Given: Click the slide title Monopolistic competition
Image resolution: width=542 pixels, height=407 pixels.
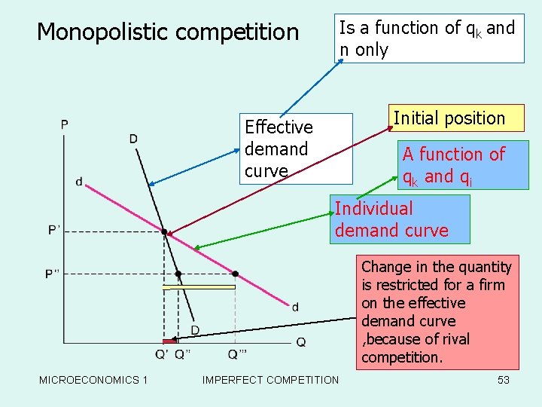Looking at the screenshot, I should click(168, 32).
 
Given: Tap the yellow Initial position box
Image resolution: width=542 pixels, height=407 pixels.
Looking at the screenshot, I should click(449, 118).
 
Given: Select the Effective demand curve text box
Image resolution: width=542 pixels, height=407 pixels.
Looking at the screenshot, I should click(297, 148).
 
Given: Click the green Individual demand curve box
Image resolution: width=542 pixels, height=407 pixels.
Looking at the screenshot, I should click(400, 219).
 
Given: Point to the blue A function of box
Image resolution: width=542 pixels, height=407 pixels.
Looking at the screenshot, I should click(453, 166).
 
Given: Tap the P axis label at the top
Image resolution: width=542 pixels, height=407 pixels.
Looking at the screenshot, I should click(65, 124).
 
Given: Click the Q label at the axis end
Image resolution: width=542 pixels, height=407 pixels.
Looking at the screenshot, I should click(301, 342).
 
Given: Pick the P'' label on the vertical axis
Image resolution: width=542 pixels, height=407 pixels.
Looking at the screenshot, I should click(53, 273).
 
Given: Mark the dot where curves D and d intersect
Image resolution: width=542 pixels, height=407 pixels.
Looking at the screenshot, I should click(165, 231).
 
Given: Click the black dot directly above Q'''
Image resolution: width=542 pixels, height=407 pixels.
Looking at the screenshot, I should click(235, 273).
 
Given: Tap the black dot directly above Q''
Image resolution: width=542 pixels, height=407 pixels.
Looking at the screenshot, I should click(178, 274).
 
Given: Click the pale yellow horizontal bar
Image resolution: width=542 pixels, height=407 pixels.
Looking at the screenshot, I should click(199, 286).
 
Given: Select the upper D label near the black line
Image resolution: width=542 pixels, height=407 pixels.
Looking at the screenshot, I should click(133, 138).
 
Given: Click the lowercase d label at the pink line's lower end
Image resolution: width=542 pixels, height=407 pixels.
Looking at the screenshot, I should click(294, 306).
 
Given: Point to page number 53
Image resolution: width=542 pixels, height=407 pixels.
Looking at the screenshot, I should click(504, 380).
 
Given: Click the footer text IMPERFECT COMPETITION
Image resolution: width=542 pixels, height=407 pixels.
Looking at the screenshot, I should click(270, 380).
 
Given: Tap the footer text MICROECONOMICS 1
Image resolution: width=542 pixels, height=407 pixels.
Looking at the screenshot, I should click(93, 380).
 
